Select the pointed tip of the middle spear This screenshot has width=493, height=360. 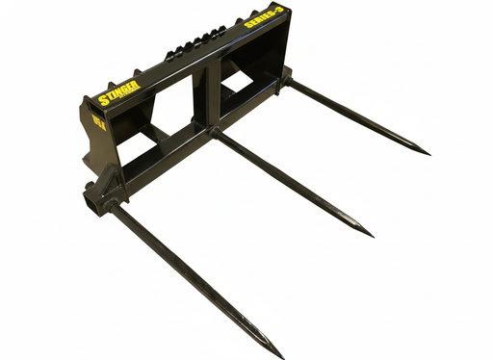[x=372, y=234]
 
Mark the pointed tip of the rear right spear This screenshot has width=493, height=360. [x=428, y=152]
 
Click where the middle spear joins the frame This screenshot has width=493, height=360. [x=213, y=131]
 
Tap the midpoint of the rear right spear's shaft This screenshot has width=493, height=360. [x=357, y=117]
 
